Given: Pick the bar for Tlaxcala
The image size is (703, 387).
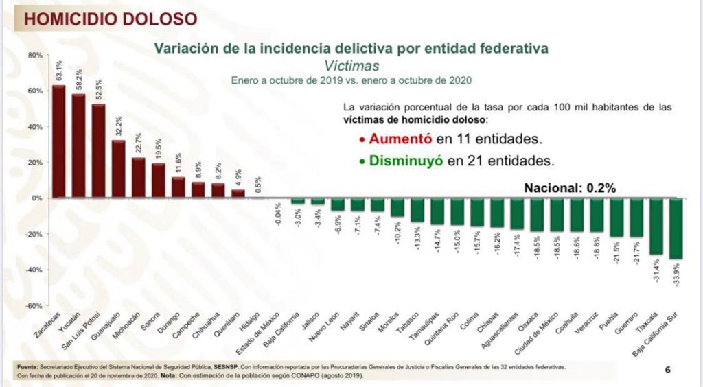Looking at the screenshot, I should tap(656, 226).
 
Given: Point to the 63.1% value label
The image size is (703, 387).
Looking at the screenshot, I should tap(59, 71).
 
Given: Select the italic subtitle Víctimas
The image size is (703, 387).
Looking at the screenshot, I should tap(351, 65).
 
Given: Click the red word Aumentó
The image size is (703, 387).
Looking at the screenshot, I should tap(400, 139).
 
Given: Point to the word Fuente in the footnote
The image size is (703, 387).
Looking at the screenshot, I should tap(27, 367).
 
